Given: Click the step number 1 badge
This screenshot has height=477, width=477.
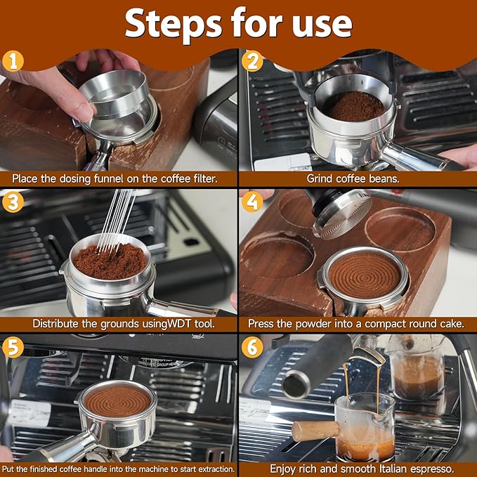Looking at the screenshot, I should click(13, 61).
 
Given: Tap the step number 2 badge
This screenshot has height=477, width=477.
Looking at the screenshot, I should click(254, 61).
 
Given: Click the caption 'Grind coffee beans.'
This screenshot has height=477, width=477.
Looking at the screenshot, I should click(358, 178).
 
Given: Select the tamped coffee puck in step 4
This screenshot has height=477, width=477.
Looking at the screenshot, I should click(364, 273).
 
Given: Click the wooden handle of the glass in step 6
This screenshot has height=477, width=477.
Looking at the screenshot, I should click(315, 430).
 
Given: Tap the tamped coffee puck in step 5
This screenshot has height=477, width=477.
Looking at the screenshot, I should click(117, 400).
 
